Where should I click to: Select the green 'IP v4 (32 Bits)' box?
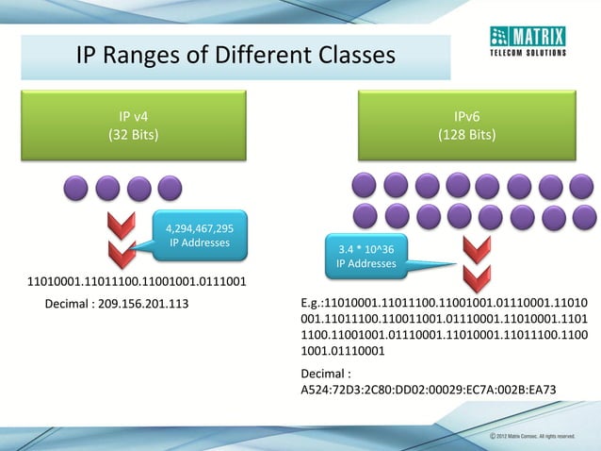tap(133, 125)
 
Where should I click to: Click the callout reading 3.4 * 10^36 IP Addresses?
tap(366, 256)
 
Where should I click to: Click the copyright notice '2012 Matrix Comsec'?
tap(538, 438)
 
